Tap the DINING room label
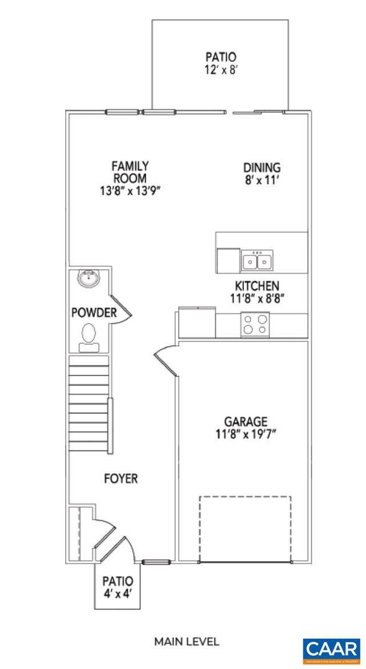[x=261, y=168]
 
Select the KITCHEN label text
[x=256, y=286]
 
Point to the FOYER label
[x=120, y=479]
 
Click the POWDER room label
[x=94, y=313]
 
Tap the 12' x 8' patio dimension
[x=221, y=70]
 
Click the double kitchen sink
[x=257, y=261]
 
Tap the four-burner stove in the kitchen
[x=256, y=324]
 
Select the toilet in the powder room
[x=89, y=336]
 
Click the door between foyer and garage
[x=164, y=362]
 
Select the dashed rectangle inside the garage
[x=245, y=528]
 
